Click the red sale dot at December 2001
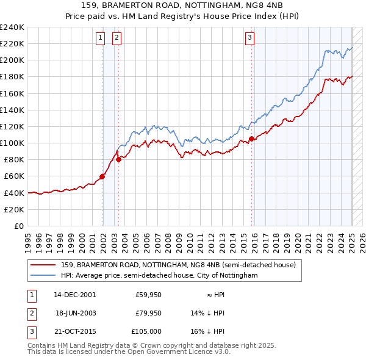102,176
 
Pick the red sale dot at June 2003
118,160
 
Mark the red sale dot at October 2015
251,139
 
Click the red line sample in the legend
43,265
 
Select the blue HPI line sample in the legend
43,275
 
